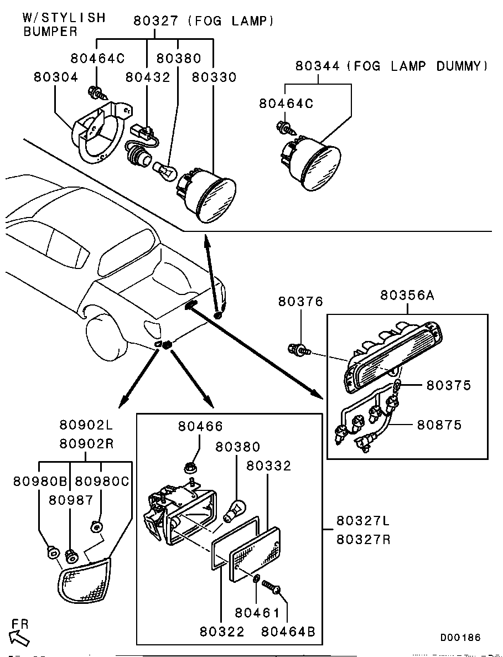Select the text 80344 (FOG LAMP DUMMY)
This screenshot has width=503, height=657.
[392, 66]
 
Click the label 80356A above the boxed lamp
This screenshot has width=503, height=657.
[407, 296]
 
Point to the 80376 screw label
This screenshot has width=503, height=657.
[300, 302]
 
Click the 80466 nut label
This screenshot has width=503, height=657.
[200, 426]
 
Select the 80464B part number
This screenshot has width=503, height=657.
[288, 632]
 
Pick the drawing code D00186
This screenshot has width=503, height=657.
[460, 638]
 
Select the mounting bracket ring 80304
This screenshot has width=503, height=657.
[98, 136]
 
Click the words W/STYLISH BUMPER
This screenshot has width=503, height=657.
[63, 25]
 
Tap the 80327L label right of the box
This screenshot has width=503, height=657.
[363, 522]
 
